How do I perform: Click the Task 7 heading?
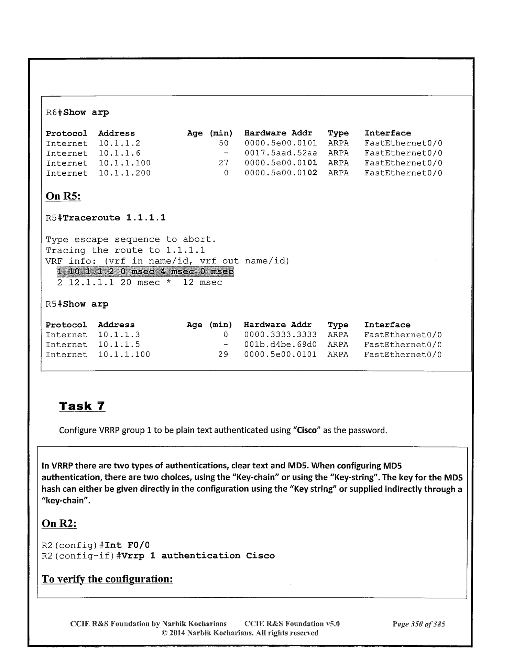tap(82, 406)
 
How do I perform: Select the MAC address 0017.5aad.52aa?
tap(281, 153)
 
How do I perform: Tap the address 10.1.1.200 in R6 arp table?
tap(124, 173)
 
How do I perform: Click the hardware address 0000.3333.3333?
tap(280, 335)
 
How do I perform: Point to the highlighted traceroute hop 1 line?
tap(145, 272)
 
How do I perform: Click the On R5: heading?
tap(63, 196)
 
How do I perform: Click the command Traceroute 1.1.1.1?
tap(114, 218)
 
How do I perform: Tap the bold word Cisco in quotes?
tap(307, 430)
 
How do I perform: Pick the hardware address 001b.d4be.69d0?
tap(280, 345)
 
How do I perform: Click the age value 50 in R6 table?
tap(223, 143)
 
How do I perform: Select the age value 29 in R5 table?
tap(223, 355)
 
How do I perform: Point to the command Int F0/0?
tap(127, 545)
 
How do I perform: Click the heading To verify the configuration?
tap(107, 579)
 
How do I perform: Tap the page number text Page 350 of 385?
tap(418, 624)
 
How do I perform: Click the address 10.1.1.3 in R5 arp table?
tap(119, 335)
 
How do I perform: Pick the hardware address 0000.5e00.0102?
tap(281, 173)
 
